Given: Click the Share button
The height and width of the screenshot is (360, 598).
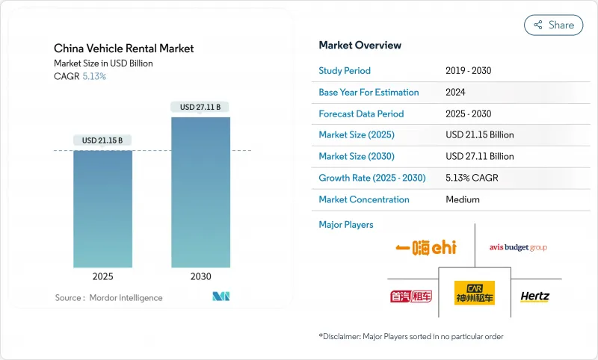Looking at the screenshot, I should (553, 25).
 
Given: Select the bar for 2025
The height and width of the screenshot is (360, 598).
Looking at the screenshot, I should (102, 208).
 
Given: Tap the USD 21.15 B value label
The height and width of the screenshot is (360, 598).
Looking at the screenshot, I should (102, 140).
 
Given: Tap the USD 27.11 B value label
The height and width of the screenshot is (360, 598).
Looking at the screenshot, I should (200, 107).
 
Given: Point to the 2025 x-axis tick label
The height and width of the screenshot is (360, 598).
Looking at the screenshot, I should (103, 276).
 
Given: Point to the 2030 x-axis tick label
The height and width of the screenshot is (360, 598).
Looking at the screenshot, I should (200, 276).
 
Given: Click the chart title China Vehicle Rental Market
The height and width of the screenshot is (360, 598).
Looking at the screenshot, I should (124, 49).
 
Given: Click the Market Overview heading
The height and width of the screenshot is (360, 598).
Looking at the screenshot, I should (360, 45).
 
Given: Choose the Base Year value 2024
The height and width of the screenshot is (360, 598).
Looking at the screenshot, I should (456, 93).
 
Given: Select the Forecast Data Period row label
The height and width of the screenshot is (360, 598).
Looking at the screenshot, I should (361, 114).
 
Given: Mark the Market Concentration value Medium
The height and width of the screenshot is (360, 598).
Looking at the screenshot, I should (462, 199).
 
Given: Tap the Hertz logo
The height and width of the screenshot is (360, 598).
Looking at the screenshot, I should (534, 297).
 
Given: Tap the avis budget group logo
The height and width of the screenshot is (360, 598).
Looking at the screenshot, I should (518, 247).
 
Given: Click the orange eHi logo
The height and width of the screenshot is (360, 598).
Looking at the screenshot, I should (426, 247).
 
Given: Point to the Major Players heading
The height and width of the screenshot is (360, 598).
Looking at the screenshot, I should (346, 225).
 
